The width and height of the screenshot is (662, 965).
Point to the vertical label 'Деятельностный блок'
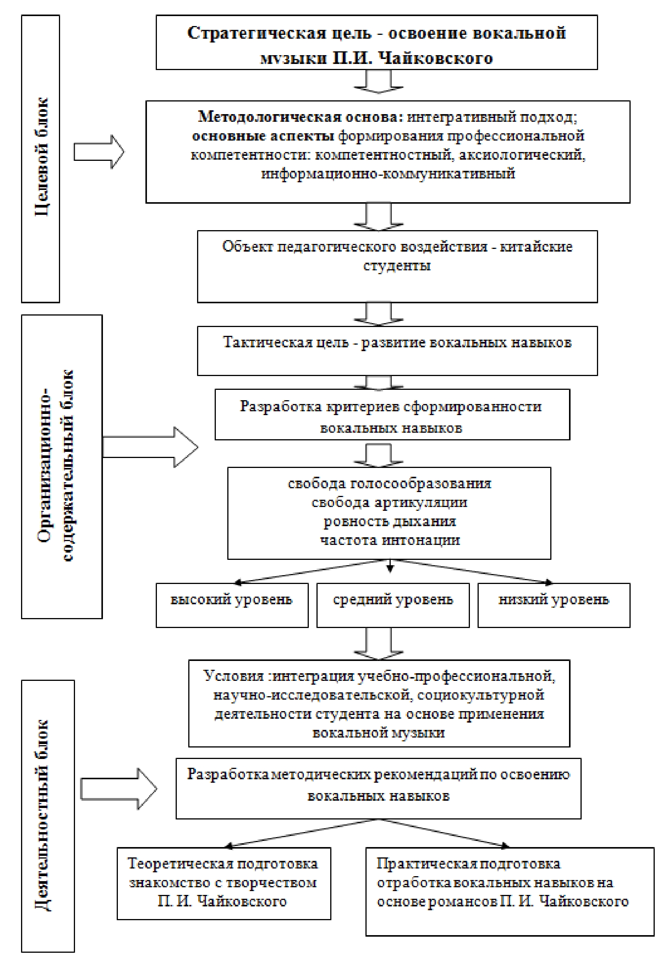click(41, 816)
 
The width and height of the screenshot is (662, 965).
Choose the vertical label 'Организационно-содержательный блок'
click(55, 465)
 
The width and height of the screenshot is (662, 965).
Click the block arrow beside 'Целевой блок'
click(99, 152)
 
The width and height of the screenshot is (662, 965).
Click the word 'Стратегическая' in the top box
click(256, 33)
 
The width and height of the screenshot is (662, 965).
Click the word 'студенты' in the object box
click(397, 265)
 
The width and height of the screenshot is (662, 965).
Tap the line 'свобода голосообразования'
click(389, 483)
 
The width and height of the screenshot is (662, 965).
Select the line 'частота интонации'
click(389, 540)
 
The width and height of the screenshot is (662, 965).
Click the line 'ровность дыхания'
click(389, 521)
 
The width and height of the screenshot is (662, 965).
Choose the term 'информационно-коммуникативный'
click(388, 173)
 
